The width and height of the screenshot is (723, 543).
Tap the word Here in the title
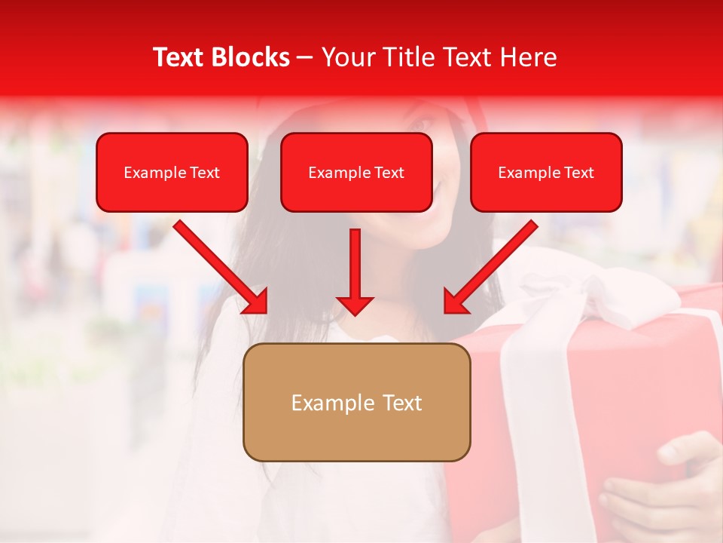526,57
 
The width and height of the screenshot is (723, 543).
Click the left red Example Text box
172,173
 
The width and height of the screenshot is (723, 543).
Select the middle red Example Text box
356,173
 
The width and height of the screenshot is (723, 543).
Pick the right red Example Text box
546,173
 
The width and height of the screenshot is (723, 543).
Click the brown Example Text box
357,403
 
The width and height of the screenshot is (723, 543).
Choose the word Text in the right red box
578,173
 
